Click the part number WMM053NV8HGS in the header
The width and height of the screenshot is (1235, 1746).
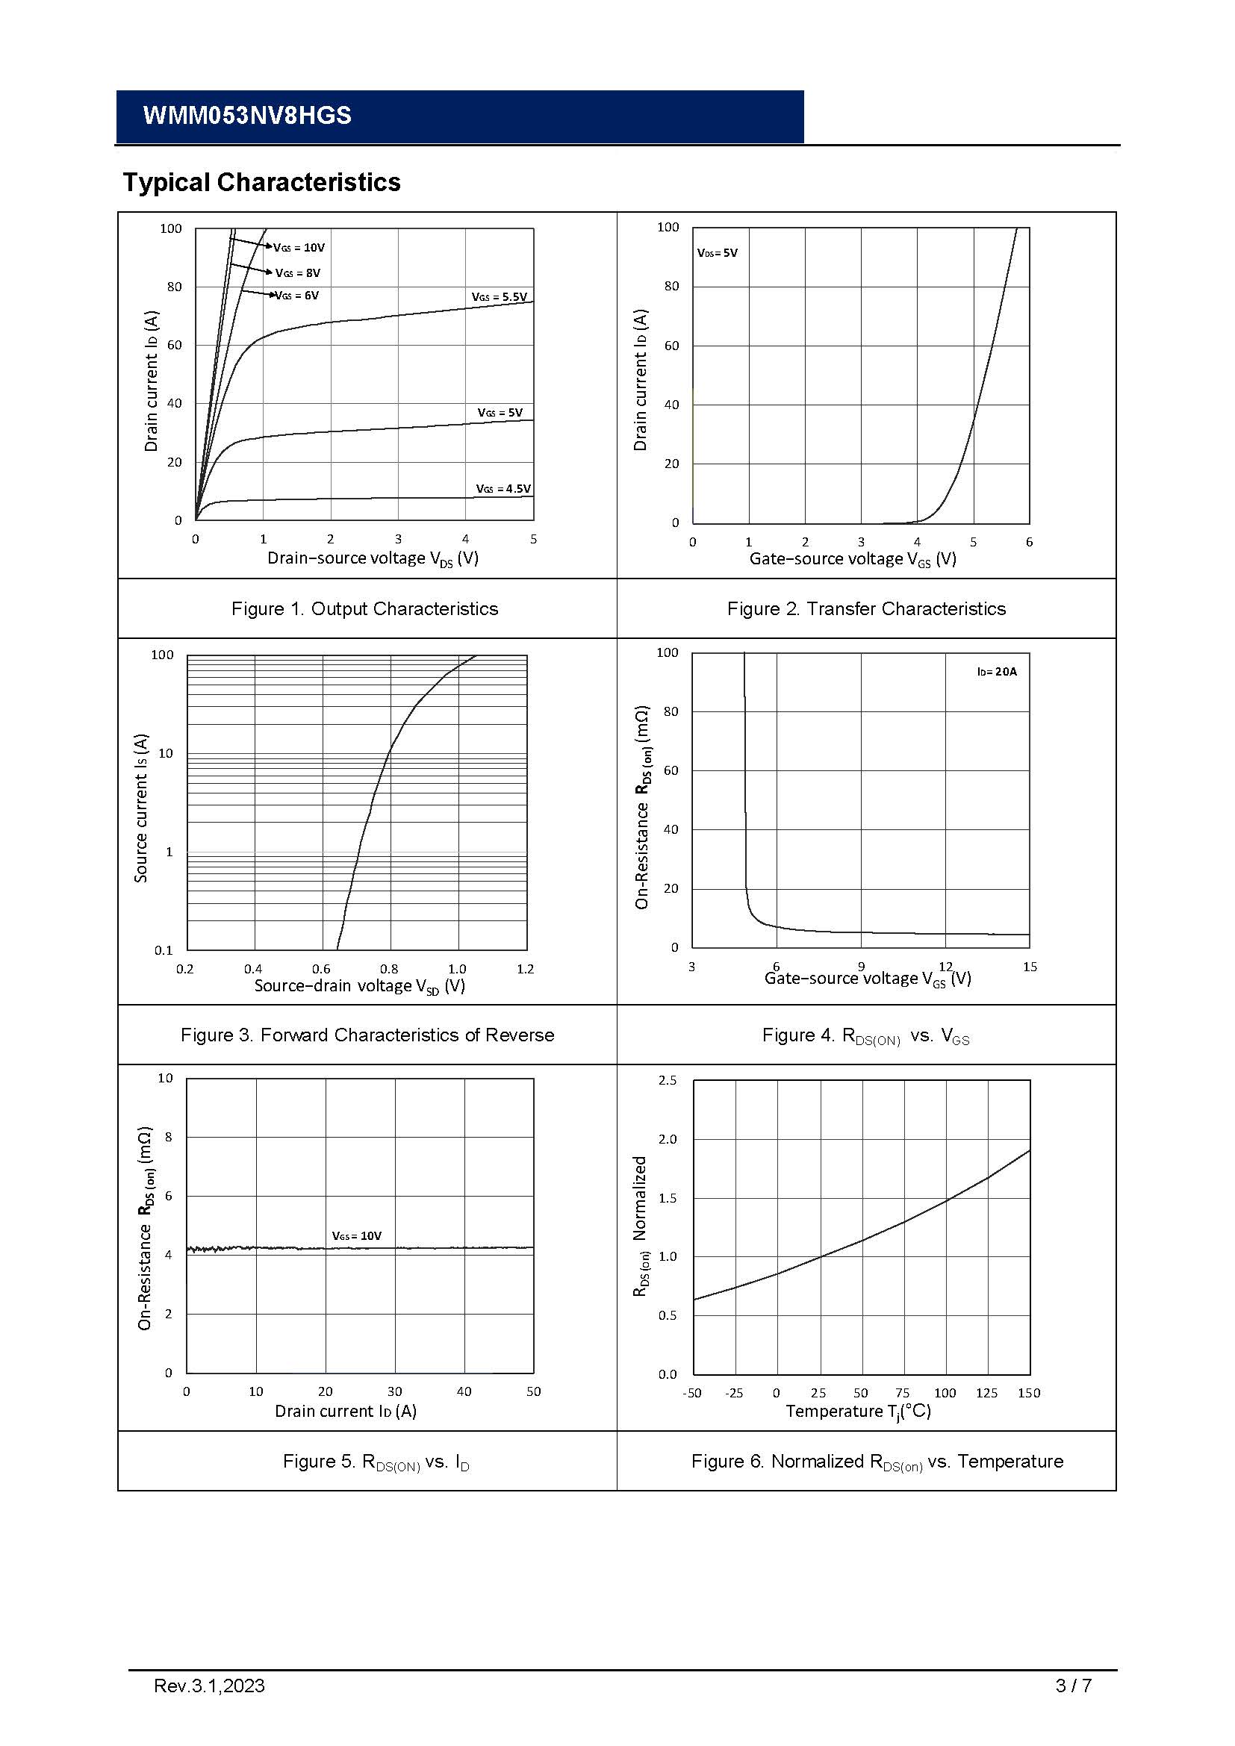pyautogui.click(x=247, y=116)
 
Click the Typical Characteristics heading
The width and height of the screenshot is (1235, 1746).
pyautogui.click(x=261, y=182)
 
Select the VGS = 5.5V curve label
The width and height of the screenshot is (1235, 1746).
pyautogui.click(x=499, y=296)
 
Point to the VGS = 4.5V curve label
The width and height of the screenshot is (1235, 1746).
pyautogui.click(x=503, y=488)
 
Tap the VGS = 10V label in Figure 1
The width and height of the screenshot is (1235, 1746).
pyautogui.click(x=299, y=247)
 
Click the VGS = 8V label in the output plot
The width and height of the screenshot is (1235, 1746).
pyautogui.click(x=298, y=272)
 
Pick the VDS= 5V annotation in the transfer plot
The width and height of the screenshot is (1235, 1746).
pyautogui.click(x=717, y=252)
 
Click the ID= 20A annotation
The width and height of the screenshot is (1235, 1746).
pyautogui.click(x=997, y=672)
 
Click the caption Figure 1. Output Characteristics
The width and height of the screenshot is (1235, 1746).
pyautogui.click(x=365, y=608)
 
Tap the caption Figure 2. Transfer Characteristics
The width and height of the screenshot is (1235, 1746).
pyautogui.click(x=866, y=608)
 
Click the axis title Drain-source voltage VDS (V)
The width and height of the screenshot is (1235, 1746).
pyautogui.click(x=373, y=558)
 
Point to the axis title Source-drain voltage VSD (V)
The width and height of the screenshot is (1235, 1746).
pyautogui.click(x=360, y=985)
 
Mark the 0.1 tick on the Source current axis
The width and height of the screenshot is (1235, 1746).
pyautogui.click(x=164, y=950)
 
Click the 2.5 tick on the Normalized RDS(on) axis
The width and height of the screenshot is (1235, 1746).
pyautogui.click(x=667, y=1081)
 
